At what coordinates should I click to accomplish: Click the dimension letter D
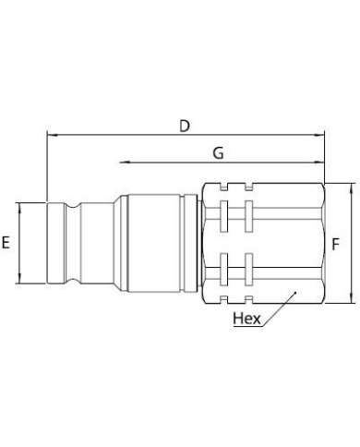point(185,127)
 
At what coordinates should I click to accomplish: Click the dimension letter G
point(218,153)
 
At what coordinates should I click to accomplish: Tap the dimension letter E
point(6,242)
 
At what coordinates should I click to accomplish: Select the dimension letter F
point(335,244)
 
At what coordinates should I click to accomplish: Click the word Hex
point(246,319)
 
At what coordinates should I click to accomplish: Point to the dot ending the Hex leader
point(295,293)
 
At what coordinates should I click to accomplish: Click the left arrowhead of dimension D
point(52,135)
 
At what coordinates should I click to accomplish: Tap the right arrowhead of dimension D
point(319,135)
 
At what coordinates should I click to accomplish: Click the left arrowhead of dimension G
point(124,163)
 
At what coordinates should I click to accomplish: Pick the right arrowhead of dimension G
point(319,163)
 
